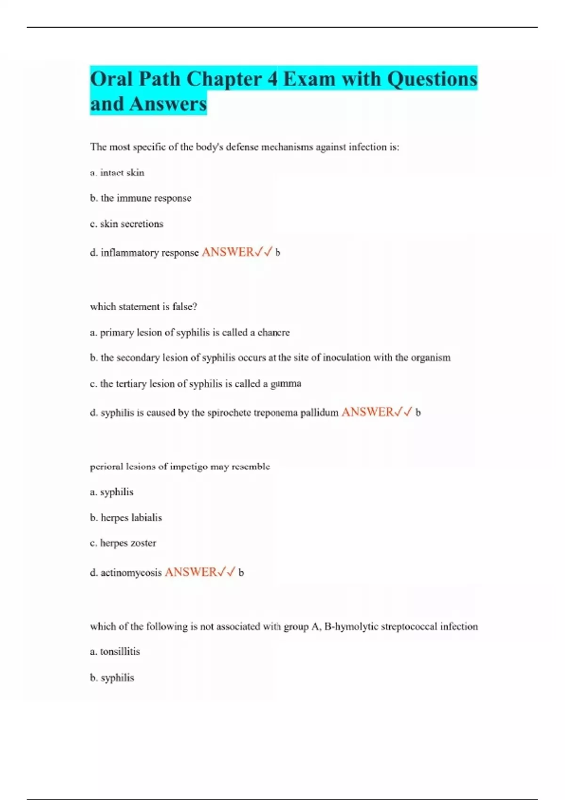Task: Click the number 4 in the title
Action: click(x=273, y=79)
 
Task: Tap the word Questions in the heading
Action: click(x=432, y=79)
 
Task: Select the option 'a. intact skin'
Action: click(x=117, y=173)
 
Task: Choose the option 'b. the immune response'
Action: click(x=140, y=198)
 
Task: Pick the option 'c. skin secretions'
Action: click(x=126, y=224)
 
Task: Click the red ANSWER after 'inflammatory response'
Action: click(x=228, y=252)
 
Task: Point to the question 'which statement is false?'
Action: click(x=143, y=307)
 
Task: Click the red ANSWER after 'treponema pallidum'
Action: click(x=367, y=412)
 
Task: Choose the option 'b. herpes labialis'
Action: click(x=126, y=518)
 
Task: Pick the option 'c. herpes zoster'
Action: click(x=123, y=543)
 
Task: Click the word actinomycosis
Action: click(x=131, y=573)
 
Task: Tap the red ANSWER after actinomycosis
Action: click(x=191, y=572)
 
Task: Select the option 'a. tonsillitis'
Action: click(x=115, y=652)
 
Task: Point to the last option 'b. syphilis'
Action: click(x=112, y=678)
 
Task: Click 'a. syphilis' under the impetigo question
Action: click(x=112, y=492)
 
